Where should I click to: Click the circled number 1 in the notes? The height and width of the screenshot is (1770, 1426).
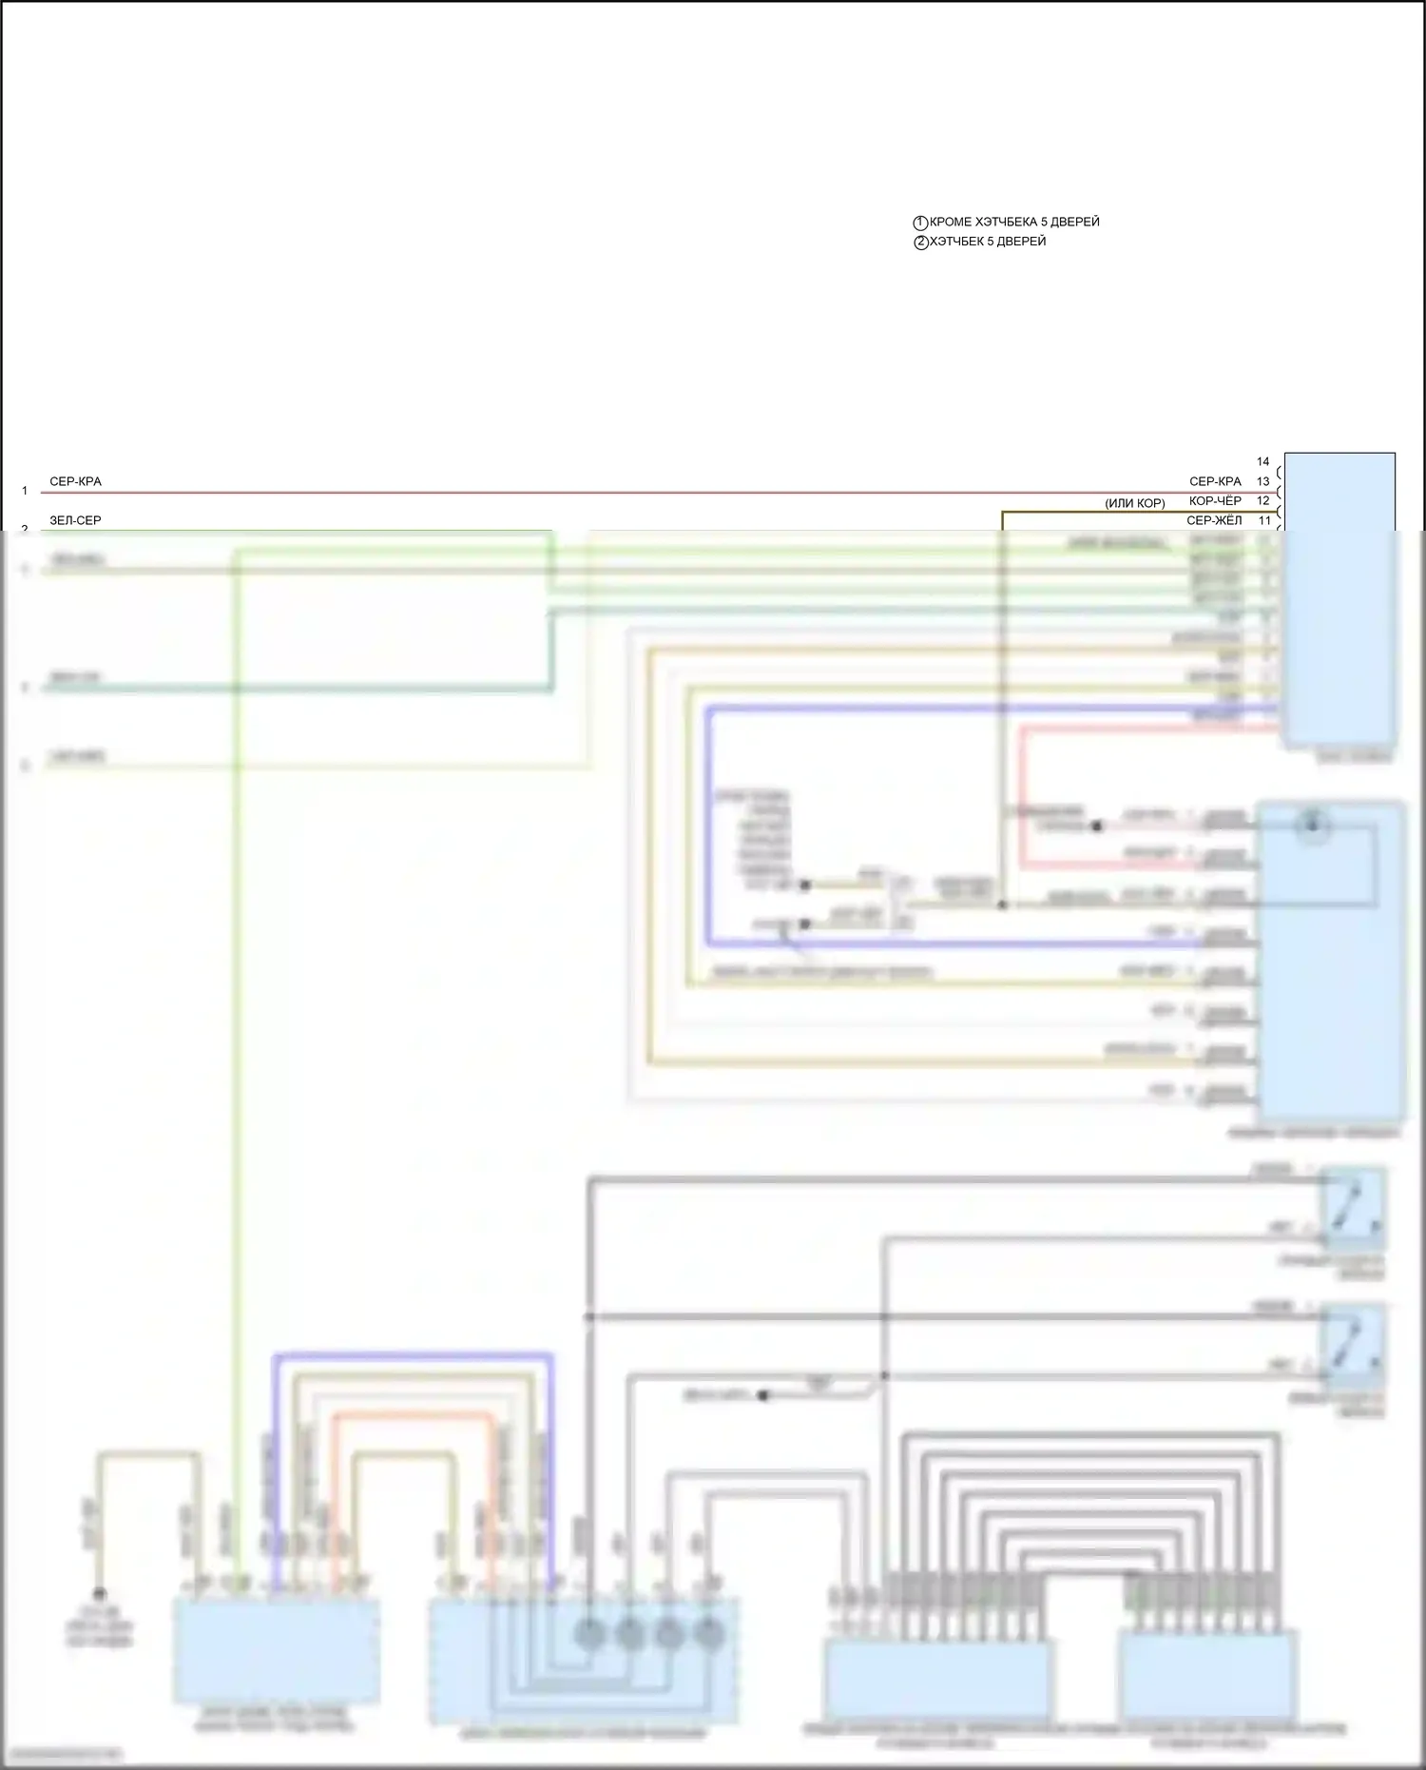(x=920, y=223)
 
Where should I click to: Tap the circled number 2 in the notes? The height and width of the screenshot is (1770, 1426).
(x=920, y=243)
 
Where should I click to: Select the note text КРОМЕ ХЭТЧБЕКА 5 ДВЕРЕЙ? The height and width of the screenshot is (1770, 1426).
(x=1014, y=222)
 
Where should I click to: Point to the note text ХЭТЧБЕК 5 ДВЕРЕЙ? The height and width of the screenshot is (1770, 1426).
(x=988, y=242)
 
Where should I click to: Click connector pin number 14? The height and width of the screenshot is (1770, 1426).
(x=1262, y=461)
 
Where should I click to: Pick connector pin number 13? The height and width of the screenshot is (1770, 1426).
(x=1262, y=481)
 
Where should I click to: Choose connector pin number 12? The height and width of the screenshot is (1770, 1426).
(x=1262, y=500)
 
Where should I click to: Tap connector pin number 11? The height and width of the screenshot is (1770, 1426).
(x=1263, y=520)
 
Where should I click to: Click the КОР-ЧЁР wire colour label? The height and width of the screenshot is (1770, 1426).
(x=1215, y=500)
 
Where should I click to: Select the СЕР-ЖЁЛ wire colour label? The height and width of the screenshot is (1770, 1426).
(x=1214, y=520)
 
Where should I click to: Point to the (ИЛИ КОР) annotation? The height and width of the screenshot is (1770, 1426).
(x=1135, y=503)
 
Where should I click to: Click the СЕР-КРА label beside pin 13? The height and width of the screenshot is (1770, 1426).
(x=1215, y=481)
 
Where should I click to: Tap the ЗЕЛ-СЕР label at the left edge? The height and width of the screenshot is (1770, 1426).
(x=75, y=520)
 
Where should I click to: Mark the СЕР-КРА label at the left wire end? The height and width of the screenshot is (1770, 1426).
(x=75, y=481)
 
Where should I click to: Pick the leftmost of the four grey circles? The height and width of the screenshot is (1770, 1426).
(x=589, y=1634)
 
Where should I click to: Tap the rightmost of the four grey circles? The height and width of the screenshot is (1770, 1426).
(x=709, y=1634)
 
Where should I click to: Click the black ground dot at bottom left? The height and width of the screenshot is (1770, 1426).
(x=99, y=1594)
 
